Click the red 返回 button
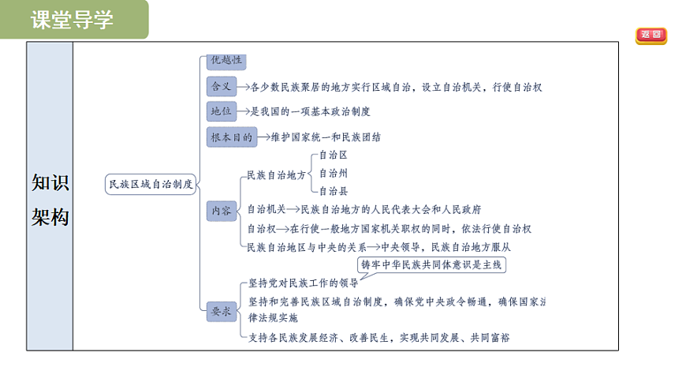651,35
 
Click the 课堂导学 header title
72,20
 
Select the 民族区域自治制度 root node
151,184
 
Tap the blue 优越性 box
226,61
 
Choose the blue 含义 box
222,86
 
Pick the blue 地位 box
222,111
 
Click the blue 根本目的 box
232,137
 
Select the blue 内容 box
222,211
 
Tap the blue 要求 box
222,312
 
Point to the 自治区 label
334,155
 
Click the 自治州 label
334,174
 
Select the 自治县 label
334,192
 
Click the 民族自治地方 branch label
277,175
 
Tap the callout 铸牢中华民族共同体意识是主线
431,265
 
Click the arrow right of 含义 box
243,87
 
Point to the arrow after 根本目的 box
264,137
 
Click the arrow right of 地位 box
243,111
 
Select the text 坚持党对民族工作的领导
304,283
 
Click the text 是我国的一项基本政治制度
310,112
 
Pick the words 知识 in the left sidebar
50,182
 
